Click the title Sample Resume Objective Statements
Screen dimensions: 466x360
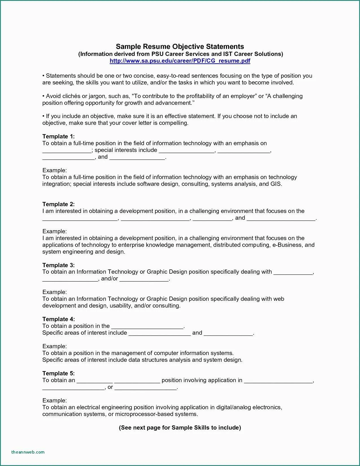pos(180,47)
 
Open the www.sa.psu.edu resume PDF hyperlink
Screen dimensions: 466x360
pos(180,61)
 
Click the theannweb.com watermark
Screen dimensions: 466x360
pos(28,452)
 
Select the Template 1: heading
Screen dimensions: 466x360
pos(58,136)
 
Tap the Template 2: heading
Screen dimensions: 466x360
pos(58,204)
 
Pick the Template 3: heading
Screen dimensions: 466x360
pos(58,265)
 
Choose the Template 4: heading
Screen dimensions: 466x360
pos(58,319)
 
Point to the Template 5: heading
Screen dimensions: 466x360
pos(58,373)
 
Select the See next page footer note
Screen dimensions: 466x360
pos(180,428)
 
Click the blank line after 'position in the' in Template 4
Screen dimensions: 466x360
pos(147,326)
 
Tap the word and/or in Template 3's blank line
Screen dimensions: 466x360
pos(109,279)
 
